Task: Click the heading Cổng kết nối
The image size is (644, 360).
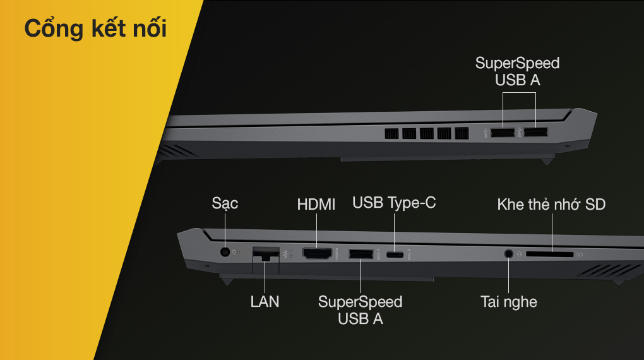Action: click(95, 28)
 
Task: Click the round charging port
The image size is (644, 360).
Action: click(225, 251)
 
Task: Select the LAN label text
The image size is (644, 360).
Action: click(265, 302)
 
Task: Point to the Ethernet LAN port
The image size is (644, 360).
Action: click(266, 255)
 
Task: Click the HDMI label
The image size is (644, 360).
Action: click(316, 204)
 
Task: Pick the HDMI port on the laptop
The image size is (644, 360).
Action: click(317, 253)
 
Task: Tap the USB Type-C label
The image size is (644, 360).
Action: click(394, 203)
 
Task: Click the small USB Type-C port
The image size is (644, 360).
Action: click(395, 255)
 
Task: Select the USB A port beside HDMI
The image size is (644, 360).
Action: click(361, 254)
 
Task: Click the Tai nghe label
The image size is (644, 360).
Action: click(509, 302)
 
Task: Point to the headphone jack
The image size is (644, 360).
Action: click(508, 253)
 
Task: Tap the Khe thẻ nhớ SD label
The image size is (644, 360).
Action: click(552, 204)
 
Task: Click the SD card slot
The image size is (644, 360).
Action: click(549, 255)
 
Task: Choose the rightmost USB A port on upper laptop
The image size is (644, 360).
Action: click(535, 133)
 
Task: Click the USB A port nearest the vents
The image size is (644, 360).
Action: click(503, 133)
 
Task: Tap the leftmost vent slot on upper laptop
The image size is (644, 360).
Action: click(391, 133)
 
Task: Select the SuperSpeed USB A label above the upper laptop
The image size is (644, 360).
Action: click(518, 71)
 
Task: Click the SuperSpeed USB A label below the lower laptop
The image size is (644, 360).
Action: click(360, 310)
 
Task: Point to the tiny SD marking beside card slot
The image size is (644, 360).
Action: click(579, 255)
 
